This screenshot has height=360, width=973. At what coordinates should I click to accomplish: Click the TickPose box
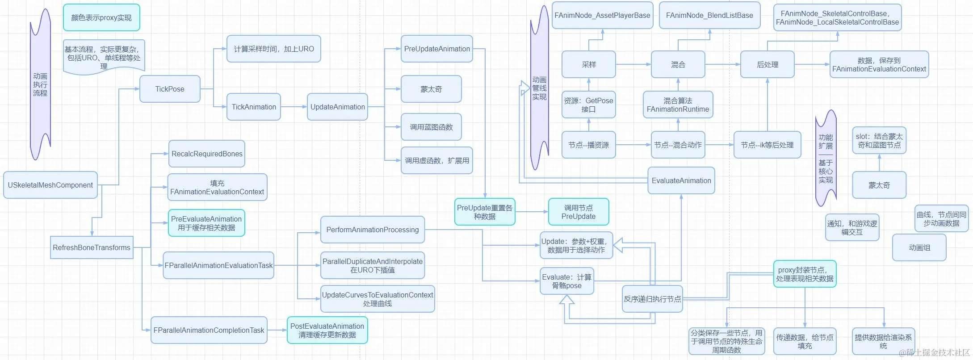click(170, 89)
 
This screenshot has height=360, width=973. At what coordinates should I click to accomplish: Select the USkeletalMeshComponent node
click(50, 185)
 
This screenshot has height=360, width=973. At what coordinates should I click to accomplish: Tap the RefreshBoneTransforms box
click(92, 247)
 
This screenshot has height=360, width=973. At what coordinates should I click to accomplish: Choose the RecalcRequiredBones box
click(207, 154)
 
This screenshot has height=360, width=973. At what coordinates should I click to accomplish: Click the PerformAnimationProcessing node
click(373, 230)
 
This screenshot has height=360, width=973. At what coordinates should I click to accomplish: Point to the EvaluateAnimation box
click(681, 180)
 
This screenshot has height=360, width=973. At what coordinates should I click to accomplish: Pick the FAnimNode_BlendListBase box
click(709, 15)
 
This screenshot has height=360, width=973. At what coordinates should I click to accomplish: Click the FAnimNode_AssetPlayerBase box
click(602, 15)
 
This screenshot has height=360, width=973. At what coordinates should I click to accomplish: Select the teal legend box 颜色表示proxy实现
click(101, 17)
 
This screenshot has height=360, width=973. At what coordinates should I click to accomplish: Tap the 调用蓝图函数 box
click(431, 127)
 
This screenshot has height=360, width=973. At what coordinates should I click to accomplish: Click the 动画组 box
click(919, 247)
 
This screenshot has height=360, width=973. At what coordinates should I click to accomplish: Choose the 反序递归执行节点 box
click(652, 299)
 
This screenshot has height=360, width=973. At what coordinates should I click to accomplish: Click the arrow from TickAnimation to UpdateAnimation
click(294, 107)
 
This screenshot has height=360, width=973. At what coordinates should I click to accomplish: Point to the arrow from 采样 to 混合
click(633, 64)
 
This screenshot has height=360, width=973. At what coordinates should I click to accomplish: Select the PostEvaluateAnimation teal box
click(327, 330)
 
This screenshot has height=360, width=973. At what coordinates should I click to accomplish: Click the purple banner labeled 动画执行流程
click(40, 84)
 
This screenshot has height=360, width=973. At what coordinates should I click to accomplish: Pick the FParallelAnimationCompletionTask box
click(209, 330)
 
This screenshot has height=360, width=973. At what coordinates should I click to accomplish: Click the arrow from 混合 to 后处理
click(722, 64)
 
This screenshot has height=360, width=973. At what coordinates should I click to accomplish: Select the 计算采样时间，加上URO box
click(274, 49)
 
